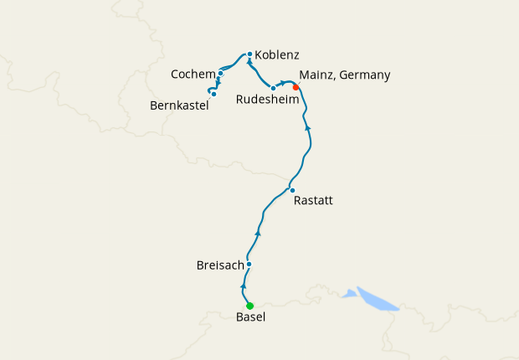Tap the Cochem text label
pos(193,75)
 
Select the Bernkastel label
pos(178,106)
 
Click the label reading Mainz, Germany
pos(344,75)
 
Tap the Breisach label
pos(219,265)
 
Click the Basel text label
pos(250,318)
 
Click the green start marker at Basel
pos(249,306)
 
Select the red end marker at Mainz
pos(295,86)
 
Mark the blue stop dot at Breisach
pos(249,265)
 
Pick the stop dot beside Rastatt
pos(292,190)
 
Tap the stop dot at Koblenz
pos(249,54)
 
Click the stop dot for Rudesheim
pos(274,88)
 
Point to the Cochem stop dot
pos(220,74)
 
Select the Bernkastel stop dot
pos(213,94)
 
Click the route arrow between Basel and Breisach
pos(243,286)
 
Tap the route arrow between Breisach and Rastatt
pos(258,233)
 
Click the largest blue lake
pos(376,299)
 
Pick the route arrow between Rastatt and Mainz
pos(309,126)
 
